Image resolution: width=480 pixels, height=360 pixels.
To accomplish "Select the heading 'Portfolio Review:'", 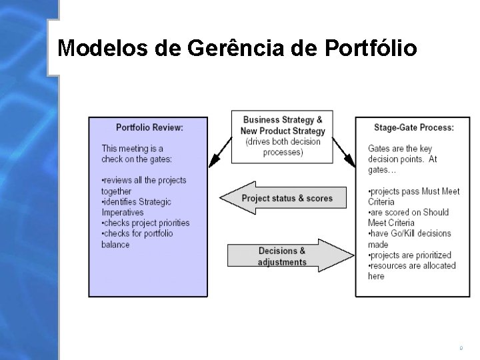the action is (149, 127).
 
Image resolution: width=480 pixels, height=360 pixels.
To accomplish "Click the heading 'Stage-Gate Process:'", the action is (413, 127).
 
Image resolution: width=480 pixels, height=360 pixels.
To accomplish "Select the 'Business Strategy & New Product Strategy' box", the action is (283, 136).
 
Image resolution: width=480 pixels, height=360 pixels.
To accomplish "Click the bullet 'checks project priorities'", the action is (145, 223).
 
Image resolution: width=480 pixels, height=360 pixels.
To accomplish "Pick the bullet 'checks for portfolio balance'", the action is (137, 239).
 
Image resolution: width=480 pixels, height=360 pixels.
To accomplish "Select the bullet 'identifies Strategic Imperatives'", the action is (136, 207).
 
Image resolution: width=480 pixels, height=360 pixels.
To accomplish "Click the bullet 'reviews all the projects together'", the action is (143, 185).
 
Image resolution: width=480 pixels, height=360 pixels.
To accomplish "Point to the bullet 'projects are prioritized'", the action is (409, 255).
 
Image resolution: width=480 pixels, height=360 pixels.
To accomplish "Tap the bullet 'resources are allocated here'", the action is (411, 271).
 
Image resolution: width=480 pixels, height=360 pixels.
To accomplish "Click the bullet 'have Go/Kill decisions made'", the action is (409, 239).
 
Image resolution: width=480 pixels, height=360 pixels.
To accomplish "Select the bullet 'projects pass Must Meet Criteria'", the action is (413, 196).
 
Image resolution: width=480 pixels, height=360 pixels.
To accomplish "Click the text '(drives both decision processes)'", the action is (283, 147).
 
